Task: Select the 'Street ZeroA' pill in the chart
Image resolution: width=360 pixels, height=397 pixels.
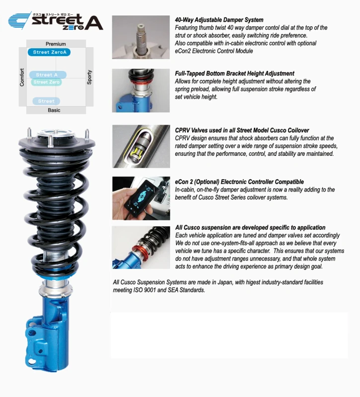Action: tap(49, 52)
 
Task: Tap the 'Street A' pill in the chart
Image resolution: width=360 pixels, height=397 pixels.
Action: tap(47, 75)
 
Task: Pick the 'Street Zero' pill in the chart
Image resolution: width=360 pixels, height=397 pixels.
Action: tap(47, 82)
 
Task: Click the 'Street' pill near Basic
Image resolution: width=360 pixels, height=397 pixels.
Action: tap(47, 101)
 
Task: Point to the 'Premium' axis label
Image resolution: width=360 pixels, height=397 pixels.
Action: tap(56, 44)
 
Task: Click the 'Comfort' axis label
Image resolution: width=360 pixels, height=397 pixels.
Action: tap(22, 77)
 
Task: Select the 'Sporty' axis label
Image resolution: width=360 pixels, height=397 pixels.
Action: tap(89, 77)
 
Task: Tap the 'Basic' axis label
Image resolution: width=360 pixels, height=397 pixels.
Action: tap(54, 110)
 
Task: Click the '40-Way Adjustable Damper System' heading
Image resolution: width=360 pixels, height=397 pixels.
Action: tap(219, 20)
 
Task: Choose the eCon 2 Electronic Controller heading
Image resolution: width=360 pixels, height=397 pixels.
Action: tap(239, 182)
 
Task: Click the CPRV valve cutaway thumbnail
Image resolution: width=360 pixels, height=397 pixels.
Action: tap(141, 146)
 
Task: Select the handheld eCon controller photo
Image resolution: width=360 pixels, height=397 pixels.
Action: tap(141, 198)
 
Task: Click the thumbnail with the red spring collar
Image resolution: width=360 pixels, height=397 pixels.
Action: tap(141, 247)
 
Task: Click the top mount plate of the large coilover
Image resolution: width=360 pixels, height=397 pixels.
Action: tap(57, 141)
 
